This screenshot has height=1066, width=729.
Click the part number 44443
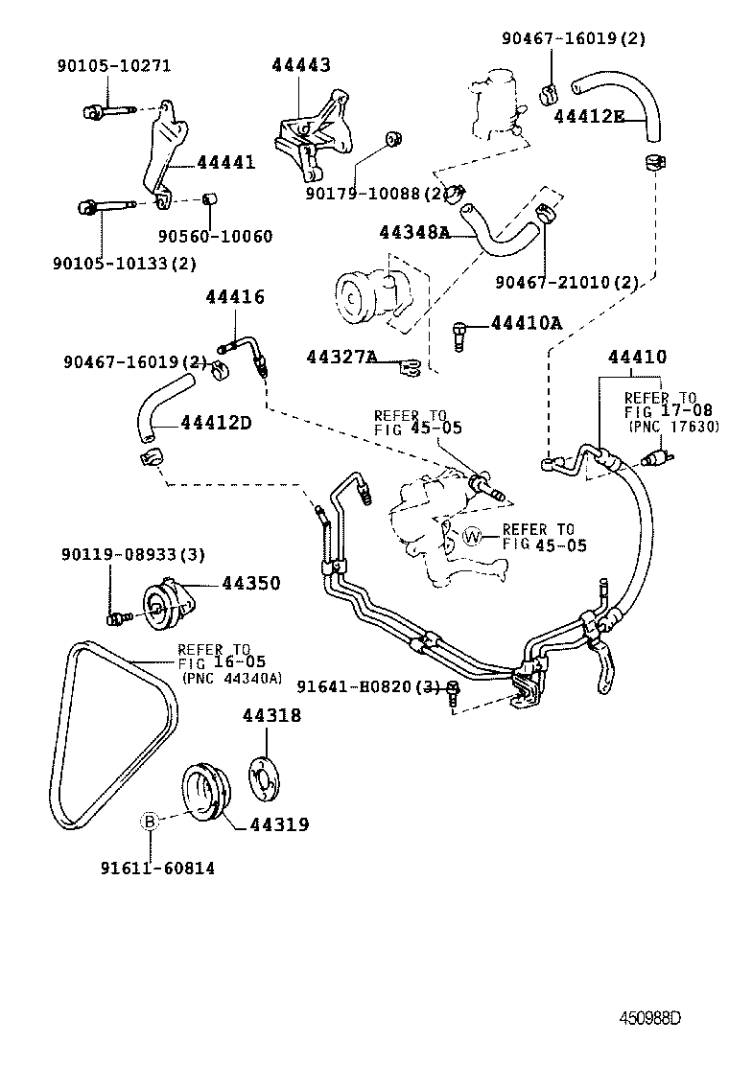point(300,65)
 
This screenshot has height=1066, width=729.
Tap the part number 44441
point(225,162)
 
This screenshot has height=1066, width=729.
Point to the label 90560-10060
point(215,236)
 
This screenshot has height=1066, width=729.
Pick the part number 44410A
point(525,323)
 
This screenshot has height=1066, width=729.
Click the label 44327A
point(341,358)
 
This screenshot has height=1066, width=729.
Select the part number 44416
point(234,297)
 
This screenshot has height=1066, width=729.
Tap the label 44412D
point(215,421)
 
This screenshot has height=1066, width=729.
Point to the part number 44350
point(251,583)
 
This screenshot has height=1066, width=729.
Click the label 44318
point(270,715)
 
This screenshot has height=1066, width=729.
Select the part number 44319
point(280,823)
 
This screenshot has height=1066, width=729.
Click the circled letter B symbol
point(150,821)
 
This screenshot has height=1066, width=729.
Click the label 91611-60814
point(156,869)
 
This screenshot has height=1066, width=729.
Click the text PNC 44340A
point(232,677)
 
